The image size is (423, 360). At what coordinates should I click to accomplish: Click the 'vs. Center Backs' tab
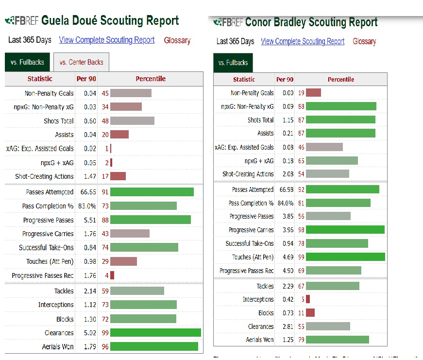click(x=81, y=62)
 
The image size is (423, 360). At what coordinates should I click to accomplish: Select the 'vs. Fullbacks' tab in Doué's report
click(x=27, y=62)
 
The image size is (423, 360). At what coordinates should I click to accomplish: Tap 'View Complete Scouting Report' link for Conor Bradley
click(x=303, y=41)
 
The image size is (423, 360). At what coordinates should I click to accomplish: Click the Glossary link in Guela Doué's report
click(x=177, y=40)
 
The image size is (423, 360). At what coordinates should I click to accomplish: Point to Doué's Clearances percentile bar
click(x=155, y=333)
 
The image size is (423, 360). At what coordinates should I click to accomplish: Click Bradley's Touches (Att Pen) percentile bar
click(x=345, y=257)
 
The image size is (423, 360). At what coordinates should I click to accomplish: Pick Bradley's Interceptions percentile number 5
click(x=303, y=299)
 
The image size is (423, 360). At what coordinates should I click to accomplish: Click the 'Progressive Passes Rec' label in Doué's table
click(x=43, y=275)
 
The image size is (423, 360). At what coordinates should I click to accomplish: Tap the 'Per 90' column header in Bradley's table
click(x=285, y=79)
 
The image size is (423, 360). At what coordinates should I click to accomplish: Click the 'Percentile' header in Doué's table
click(x=151, y=79)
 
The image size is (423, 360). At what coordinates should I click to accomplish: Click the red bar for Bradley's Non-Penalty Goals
click(x=313, y=93)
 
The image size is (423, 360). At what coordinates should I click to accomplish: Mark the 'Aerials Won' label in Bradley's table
click(x=260, y=340)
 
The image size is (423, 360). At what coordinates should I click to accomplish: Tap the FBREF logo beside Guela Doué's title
click(x=21, y=21)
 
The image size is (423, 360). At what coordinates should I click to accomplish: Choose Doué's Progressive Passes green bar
click(x=150, y=220)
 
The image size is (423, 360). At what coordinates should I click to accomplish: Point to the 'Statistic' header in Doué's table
click(x=40, y=79)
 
